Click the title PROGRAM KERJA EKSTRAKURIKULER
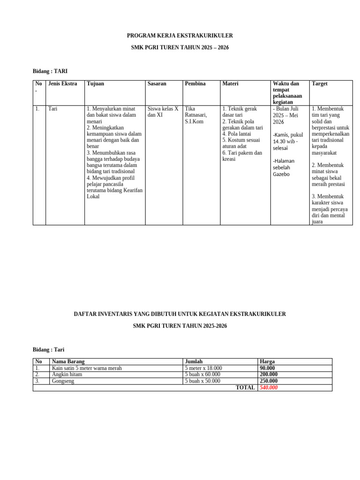click(x=180, y=36)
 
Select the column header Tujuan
click(x=95, y=84)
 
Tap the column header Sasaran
click(x=157, y=84)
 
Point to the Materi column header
click(x=230, y=84)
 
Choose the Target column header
click(x=320, y=84)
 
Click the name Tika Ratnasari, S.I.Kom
click(x=196, y=115)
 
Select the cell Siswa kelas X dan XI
click(x=163, y=112)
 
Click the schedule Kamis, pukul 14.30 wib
click(x=288, y=141)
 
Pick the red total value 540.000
click(x=269, y=388)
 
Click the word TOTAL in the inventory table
click(x=245, y=388)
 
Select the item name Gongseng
click(x=63, y=381)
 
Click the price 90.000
click(x=269, y=368)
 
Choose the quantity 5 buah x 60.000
click(x=202, y=375)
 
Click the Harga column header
click(x=267, y=362)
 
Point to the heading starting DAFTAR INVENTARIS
click(x=180, y=314)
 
